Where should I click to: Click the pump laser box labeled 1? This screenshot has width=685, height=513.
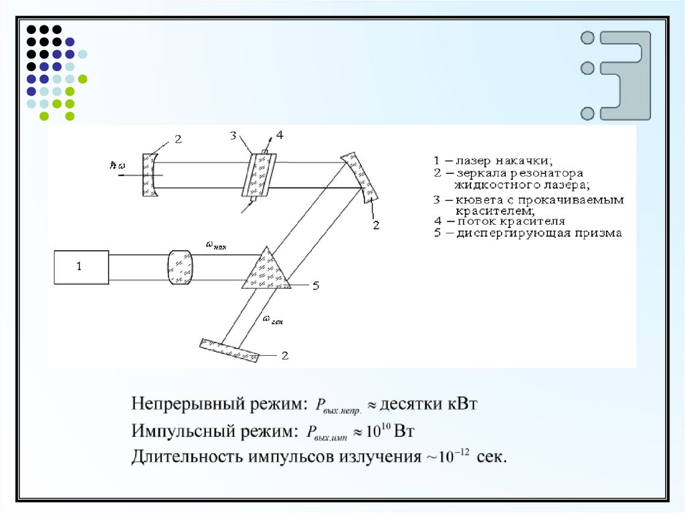(x=81, y=267)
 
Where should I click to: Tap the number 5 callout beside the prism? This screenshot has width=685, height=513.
(x=316, y=286)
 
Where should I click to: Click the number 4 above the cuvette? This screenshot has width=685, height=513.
(x=280, y=135)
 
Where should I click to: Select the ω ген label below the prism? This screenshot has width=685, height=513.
(x=273, y=320)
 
